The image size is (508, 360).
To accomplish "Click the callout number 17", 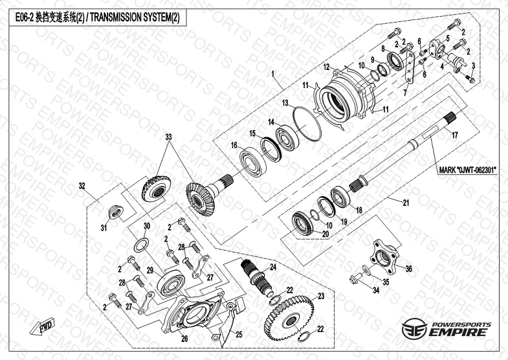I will click(x=454, y=135).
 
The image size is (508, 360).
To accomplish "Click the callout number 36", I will click(x=409, y=269).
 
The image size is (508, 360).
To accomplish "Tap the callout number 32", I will click(x=82, y=186).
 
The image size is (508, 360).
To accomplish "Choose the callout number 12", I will click(x=327, y=67).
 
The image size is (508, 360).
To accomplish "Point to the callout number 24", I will click(x=273, y=266).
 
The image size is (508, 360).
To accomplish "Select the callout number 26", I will click(x=184, y=338).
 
